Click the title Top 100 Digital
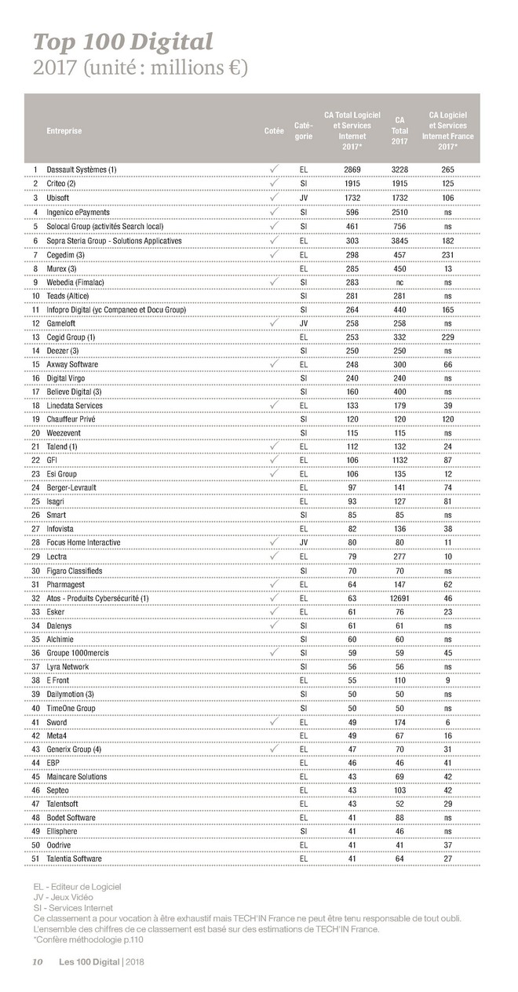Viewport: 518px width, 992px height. tap(122, 42)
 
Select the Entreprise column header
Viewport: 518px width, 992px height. tap(64, 131)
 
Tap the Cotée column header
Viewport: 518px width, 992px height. tap(274, 131)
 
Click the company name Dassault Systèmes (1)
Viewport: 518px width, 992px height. tap(82, 170)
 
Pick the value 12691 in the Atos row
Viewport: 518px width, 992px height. tap(399, 599)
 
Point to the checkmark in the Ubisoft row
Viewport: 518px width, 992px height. tap(274, 197)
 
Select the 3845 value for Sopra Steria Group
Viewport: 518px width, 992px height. tap(399, 240)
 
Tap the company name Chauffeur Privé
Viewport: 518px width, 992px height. tap(71, 420)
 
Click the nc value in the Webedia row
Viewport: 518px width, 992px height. tap(399, 282)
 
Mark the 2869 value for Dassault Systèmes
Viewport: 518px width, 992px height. tap(352, 170)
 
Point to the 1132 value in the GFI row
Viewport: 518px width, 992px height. tap(399, 461)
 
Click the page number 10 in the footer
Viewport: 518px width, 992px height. tap(37, 962)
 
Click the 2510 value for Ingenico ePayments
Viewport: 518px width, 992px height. tap(399, 213)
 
